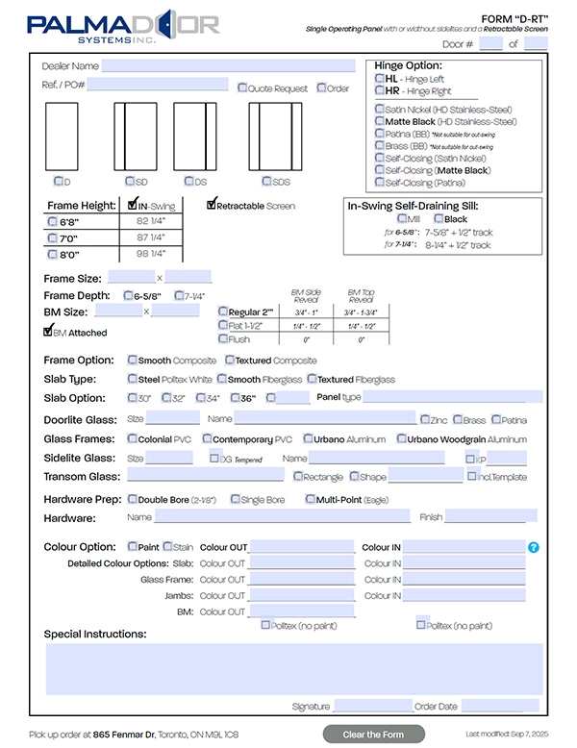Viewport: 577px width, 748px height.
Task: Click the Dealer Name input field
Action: click(x=228, y=66)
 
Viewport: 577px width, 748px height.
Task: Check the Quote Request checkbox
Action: click(x=243, y=88)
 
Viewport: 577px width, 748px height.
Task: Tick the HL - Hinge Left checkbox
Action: click(x=380, y=79)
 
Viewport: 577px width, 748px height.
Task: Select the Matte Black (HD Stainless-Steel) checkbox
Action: click(x=380, y=122)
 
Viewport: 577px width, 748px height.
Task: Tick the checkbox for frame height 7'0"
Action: click(x=53, y=237)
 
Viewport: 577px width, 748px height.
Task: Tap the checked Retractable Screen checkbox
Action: click(x=212, y=205)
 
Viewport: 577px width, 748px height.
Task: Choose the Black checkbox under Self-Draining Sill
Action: click(x=439, y=219)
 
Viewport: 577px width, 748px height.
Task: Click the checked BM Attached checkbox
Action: click(x=47, y=333)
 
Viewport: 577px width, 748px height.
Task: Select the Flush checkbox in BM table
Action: click(x=223, y=338)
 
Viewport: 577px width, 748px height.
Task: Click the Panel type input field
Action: click(x=452, y=397)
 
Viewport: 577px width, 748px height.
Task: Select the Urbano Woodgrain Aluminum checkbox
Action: click(x=401, y=439)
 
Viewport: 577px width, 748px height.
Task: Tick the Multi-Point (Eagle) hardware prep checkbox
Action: click(x=310, y=499)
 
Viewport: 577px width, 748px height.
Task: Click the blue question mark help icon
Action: click(x=534, y=547)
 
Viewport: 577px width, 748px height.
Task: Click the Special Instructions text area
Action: click(x=293, y=668)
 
